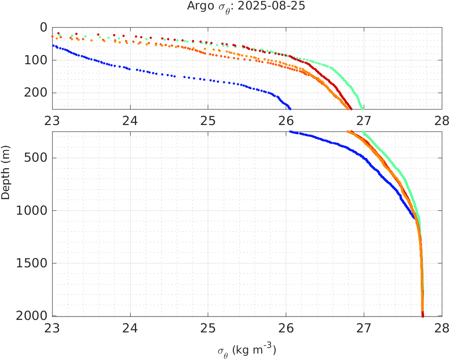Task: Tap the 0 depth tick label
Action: (x=43, y=27)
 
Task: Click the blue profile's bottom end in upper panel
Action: (x=290, y=108)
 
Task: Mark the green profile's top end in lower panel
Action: (x=363, y=132)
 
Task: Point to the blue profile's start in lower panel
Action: (x=291, y=132)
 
